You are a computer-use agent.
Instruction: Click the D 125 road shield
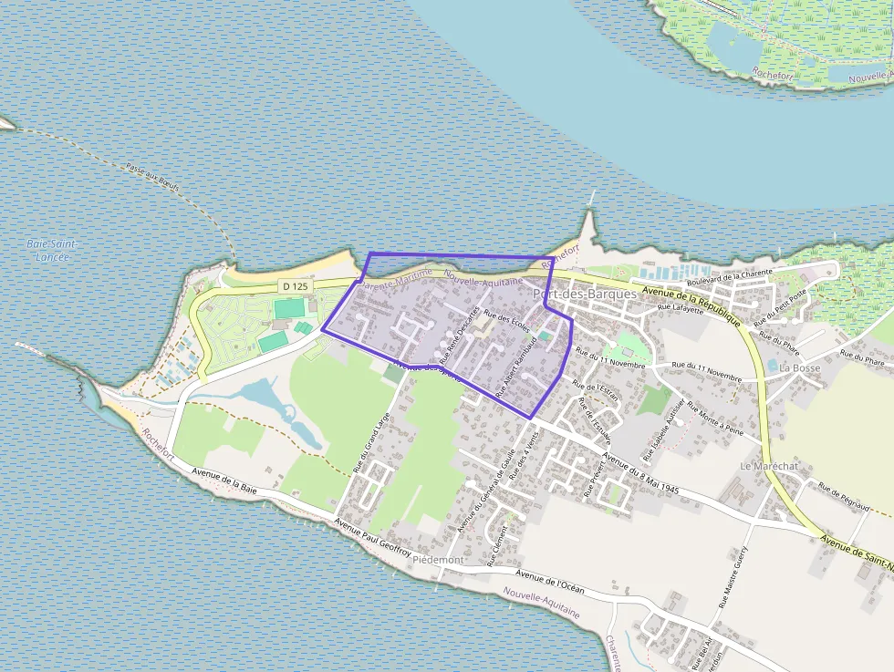point(295,286)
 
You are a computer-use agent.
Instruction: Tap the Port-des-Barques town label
point(584,295)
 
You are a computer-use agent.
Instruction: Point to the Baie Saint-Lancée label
point(51,251)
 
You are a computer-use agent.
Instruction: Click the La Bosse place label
point(800,368)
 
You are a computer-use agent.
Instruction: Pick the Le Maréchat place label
point(769,466)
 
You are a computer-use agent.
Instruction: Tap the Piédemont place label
point(438,560)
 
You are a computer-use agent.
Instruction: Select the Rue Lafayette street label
point(681,309)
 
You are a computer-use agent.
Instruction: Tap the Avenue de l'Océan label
point(549,582)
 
